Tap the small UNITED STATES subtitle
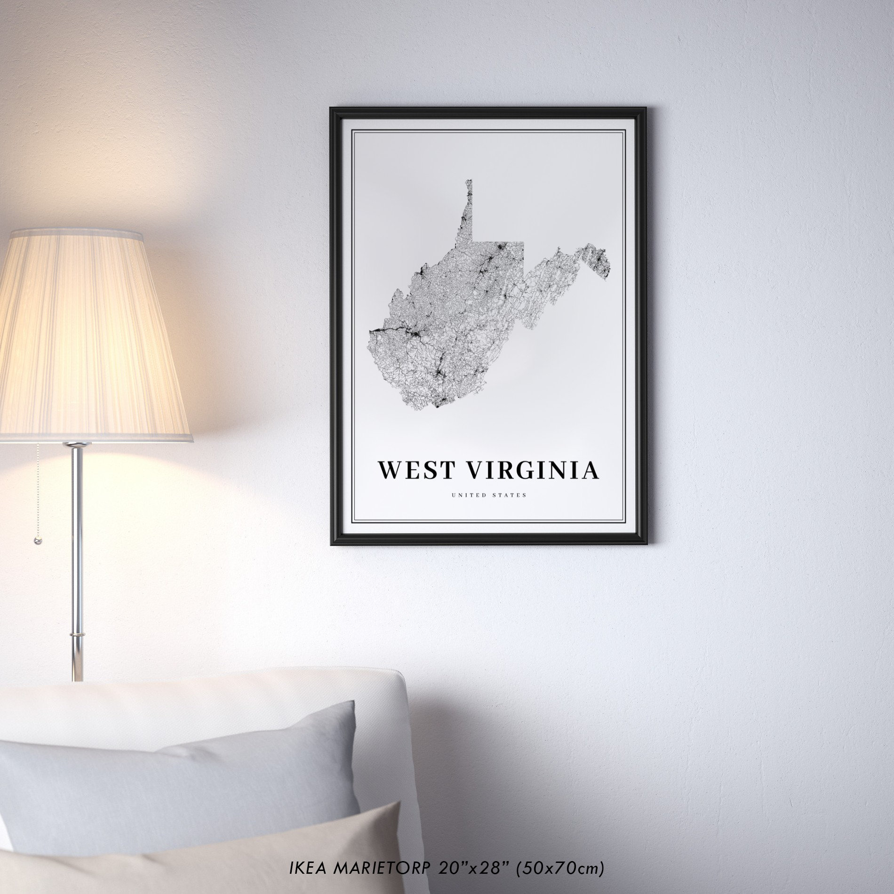489,495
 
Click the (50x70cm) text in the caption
560,868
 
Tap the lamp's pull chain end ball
38,541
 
